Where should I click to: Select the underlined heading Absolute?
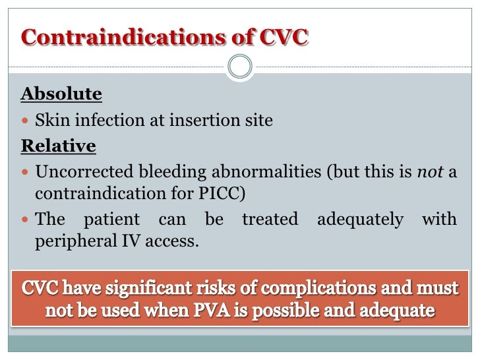click(61, 94)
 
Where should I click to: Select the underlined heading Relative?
click(58, 146)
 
